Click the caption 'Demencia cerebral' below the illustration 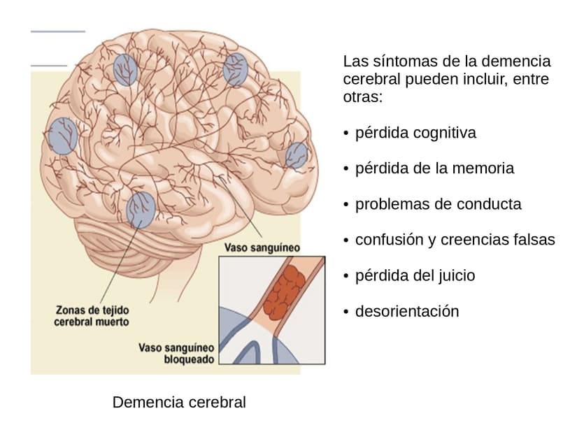tap(179, 403)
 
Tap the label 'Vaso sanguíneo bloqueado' tap(176, 353)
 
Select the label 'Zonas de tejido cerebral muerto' tap(91, 315)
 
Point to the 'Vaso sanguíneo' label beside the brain tap(262, 247)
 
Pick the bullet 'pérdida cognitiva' tap(415, 133)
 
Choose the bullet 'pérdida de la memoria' tap(434, 168)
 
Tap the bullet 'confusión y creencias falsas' tap(455, 240)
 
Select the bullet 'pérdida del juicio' tap(415, 275)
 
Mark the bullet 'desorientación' tap(407, 311)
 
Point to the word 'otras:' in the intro tap(363, 96)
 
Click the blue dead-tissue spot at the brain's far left tap(62, 136)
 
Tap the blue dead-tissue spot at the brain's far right tap(297, 155)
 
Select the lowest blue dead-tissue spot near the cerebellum tap(141, 210)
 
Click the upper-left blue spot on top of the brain tap(125, 70)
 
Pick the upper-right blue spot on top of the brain tap(236, 69)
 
